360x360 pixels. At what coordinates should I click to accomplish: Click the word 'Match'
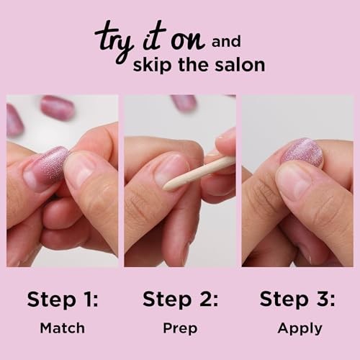62,328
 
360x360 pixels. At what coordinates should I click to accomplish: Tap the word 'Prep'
179,328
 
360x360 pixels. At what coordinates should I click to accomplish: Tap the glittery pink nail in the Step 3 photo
302,153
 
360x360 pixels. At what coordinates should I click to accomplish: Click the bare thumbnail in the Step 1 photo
80,167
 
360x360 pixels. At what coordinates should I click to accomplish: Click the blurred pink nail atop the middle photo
185,103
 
